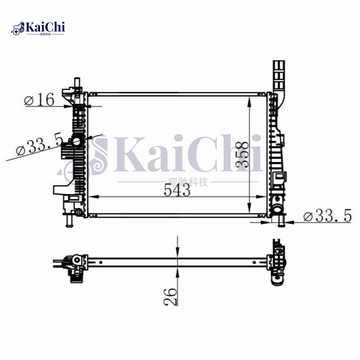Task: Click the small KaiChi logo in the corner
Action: [39, 28]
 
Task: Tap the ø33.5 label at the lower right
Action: [327, 216]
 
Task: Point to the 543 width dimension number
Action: [176, 191]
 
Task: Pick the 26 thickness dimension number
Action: [171, 297]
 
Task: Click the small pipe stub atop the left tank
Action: [76, 82]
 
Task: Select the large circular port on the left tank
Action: [76, 143]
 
